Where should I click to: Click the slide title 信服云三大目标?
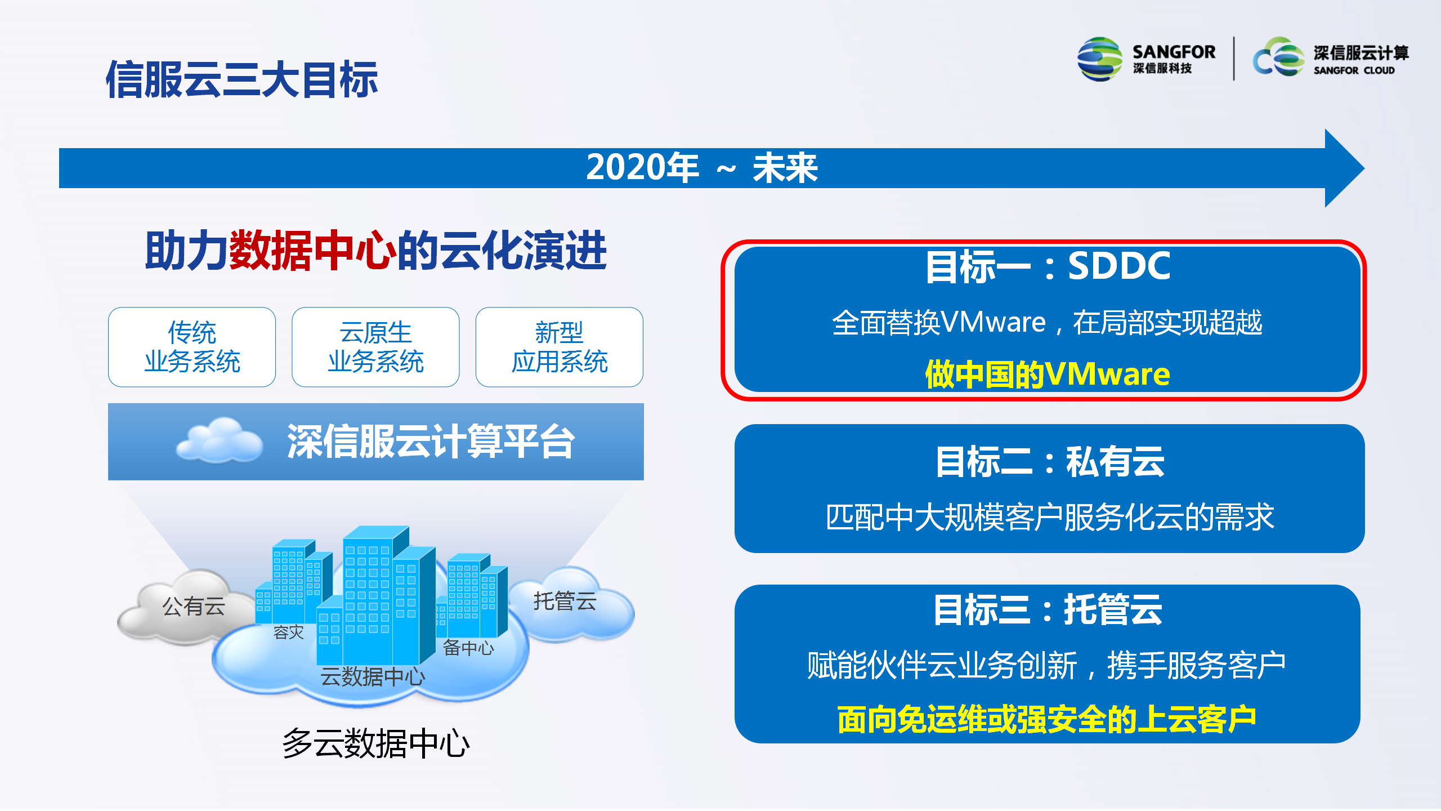pos(241,79)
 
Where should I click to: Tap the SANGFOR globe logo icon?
pos(1099,59)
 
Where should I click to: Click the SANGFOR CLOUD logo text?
pos(1354,70)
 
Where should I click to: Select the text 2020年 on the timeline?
pos(642,168)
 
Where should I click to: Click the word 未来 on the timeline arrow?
pos(785,168)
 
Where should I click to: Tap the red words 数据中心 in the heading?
pos(312,251)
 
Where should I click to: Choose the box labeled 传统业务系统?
pos(192,347)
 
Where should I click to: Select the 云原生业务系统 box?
pos(375,347)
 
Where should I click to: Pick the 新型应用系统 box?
pos(560,347)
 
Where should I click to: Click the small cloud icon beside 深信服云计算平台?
pos(220,440)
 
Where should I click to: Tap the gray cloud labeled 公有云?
pos(186,607)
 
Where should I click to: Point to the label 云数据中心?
pos(373,676)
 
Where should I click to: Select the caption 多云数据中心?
pos(375,743)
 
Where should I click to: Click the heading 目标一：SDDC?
pos(1048,266)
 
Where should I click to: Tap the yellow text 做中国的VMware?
pos(1048,374)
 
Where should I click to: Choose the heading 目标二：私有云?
pos(1050,461)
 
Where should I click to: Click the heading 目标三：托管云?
pos(1048,609)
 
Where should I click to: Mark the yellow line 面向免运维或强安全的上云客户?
pos(1047,719)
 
